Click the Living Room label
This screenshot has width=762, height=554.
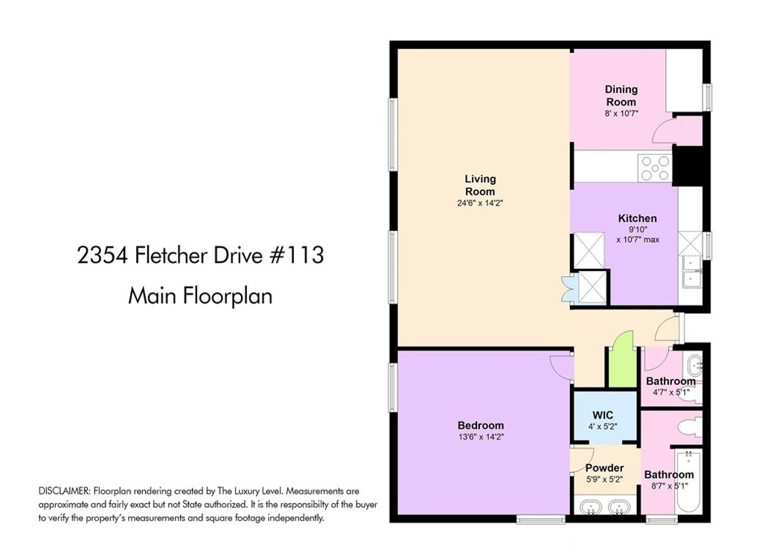[x=480, y=185]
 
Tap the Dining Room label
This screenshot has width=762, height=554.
[x=621, y=96]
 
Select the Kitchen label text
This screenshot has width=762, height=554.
[x=637, y=218]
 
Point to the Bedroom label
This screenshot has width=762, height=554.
[x=481, y=426]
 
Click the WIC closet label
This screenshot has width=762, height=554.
[x=603, y=415]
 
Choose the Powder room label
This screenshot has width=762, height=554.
[x=604, y=468]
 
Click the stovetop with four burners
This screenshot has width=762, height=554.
[x=655, y=168]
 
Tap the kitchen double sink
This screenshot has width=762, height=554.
[x=690, y=272]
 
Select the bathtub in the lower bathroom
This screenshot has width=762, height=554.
[x=688, y=480]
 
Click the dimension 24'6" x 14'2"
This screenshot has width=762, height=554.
[x=480, y=203]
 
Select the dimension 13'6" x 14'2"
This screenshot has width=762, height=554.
[x=481, y=437]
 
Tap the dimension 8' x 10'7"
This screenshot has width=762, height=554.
[x=621, y=113]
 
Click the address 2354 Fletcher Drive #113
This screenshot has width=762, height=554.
[x=200, y=255]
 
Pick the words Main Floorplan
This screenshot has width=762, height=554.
[x=200, y=296]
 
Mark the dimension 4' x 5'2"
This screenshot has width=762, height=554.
[x=603, y=427]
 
